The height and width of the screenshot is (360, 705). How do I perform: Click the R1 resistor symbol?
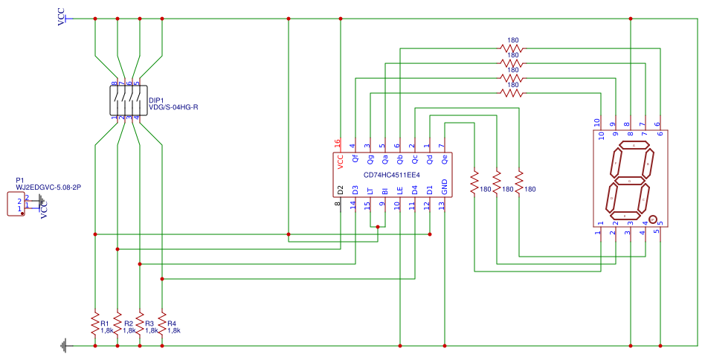pyautogui.click(x=95, y=324)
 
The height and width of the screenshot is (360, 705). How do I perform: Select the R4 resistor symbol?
pyautogui.click(x=162, y=324)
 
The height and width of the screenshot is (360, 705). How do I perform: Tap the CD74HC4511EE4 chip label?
pyautogui.click(x=392, y=176)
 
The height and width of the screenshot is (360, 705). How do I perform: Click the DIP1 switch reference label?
pyautogui.click(x=156, y=100)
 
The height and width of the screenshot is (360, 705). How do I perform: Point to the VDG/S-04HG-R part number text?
pyautogui.click(x=173, y=108)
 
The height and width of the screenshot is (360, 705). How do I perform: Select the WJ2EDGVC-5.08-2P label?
pyautogui.click(x=48, y=187)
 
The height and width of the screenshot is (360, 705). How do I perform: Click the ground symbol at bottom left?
pyautogui.click(x=65, y=346)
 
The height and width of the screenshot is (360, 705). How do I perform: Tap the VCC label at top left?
pyautogui.click(x=62, y=17)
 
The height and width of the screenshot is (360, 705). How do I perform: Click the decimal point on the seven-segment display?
pyautogui.click(x=652, y=219)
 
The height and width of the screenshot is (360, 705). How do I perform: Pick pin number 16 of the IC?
pyautogui.click(x=338, y=144)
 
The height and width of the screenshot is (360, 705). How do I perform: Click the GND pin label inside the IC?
pyautogui.click(x=445, y=187)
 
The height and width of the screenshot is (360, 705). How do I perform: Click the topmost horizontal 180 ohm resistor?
pyautogui.click(x=512, y=48)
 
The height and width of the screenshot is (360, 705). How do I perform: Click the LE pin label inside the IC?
pyautogui.click(x=400, y=190)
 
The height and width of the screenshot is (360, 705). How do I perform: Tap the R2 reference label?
pyautogui.click(x=129, y=324)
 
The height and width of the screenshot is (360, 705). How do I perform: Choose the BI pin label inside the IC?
pyautogui.click(x=385, y=191)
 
